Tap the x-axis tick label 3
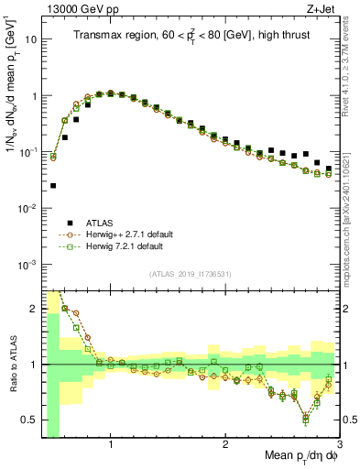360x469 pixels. point(340,444)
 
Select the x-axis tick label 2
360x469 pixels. point(225,444)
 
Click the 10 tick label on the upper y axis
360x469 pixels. point(30,39)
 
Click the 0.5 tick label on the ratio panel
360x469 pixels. point(27,420)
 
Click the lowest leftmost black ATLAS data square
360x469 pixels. point(53,185)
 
